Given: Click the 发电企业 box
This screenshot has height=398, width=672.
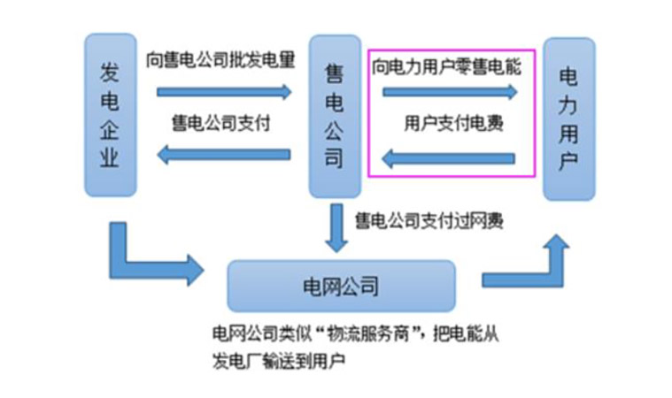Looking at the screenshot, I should coord(110,115).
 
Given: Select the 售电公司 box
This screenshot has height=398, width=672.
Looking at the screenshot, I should coord(334,115).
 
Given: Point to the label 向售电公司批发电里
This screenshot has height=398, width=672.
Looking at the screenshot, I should coord(220,60).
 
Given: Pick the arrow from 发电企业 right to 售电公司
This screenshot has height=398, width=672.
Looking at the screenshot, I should coord(224,91).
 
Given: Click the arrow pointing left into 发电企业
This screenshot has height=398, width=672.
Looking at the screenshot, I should coord(223,155).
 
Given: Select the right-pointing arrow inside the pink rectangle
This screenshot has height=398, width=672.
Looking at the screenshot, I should coord(448,91).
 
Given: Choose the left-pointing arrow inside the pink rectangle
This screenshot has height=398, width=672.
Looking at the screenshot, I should coord(448,159).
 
